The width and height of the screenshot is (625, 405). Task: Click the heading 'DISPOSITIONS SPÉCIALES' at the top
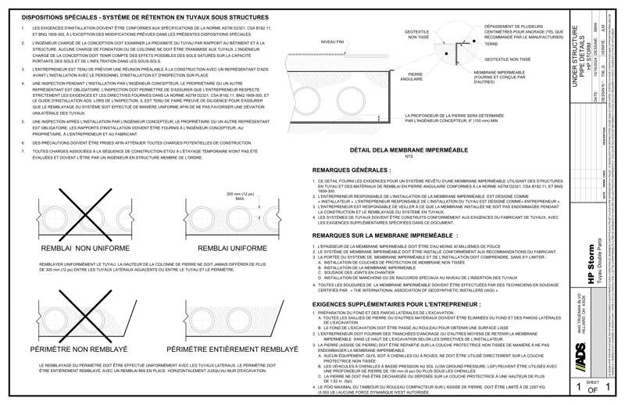(x=59, y=16)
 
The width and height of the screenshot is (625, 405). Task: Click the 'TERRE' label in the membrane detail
(x=491, y=44)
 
